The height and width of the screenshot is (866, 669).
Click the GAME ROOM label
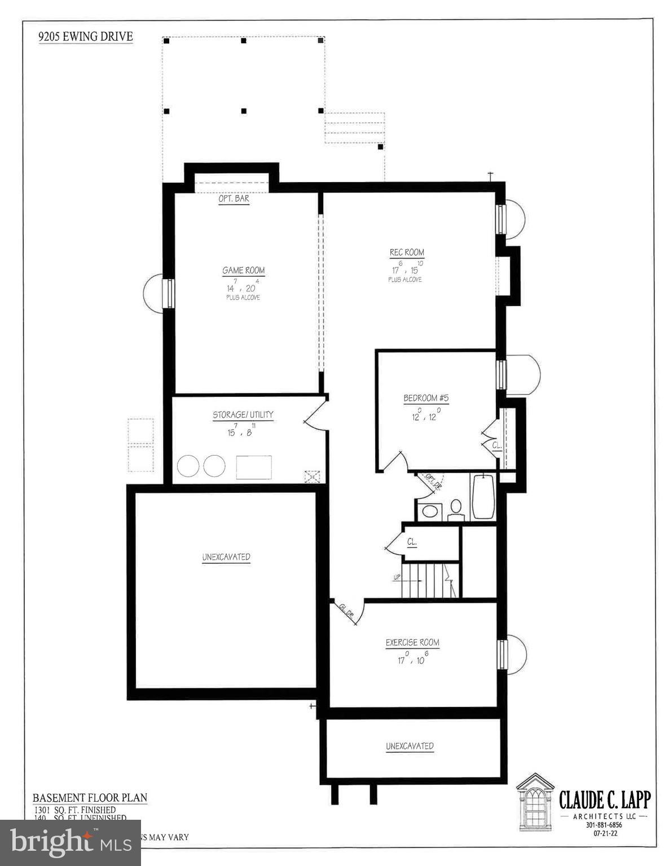tap(243, 271)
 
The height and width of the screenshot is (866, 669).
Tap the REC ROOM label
tap(407, 253)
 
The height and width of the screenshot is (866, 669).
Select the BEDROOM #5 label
tap(426, 398)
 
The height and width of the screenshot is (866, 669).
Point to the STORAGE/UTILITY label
tap(243, 415)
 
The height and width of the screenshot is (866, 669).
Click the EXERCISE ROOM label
tap(412, 642)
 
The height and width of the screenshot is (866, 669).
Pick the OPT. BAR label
tap(234, 199)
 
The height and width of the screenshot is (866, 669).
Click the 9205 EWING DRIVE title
tap(86, 37)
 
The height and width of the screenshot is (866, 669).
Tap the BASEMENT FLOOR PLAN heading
tap(90, 798)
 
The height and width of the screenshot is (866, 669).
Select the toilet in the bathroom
tap(456, 509)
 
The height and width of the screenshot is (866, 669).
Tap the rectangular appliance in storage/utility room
tap(253, 467)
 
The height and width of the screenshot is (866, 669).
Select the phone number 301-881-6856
tap(604, 825)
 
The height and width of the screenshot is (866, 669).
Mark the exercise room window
tap(501, 654)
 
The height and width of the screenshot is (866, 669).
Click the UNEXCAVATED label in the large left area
tap(226, 557)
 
